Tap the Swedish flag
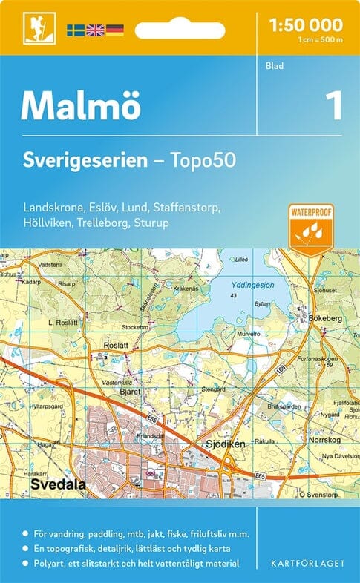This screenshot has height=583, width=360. click(76, 30)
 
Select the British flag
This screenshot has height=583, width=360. click(95, 30)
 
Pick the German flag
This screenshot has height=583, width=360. click(114, 30)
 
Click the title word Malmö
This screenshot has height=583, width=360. click(80, 106)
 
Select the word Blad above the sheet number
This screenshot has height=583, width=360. click(274, 66)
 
